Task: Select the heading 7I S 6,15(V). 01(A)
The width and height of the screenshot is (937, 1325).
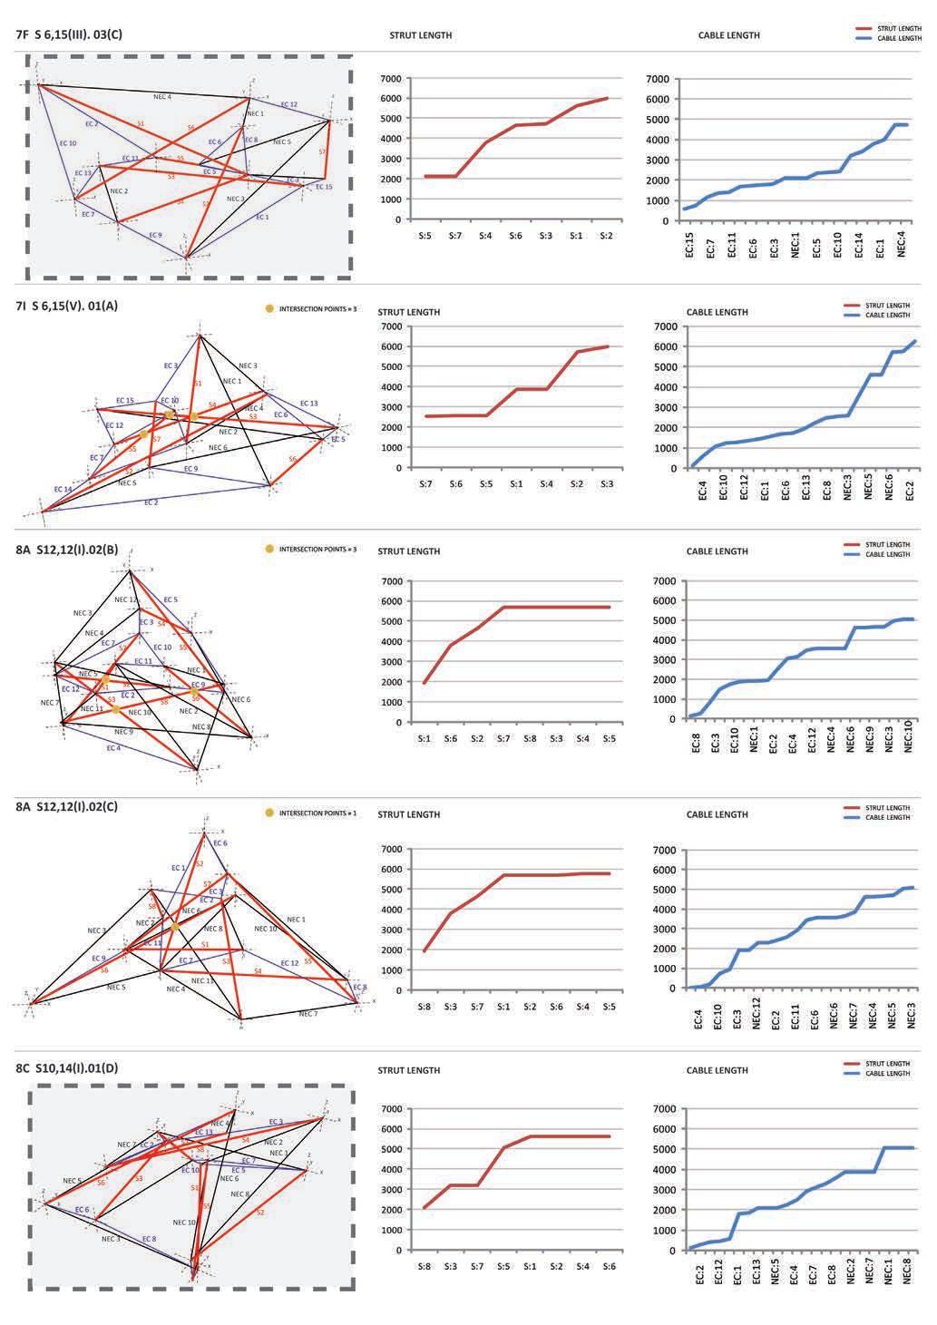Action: tap(67, 306)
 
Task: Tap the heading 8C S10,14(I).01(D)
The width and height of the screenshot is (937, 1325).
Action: tap(67, 1067)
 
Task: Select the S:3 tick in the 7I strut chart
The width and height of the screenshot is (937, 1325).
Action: tap(606, 484)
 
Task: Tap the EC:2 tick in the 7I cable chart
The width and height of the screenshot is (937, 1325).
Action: tap(910, 491)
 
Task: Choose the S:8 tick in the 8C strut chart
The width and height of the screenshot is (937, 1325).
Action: tap(425, 1266)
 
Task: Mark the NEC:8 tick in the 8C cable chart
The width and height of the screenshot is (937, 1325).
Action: tap(909, 1275)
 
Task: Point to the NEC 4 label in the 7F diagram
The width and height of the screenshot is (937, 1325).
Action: tap(162, 96)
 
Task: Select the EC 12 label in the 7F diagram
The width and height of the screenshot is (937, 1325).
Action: tap(288, 104)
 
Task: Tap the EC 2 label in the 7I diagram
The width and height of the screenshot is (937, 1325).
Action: tap(151, 502)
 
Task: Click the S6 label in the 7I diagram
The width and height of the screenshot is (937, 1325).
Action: tap(292, 460)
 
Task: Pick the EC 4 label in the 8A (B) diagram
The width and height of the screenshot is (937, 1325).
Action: tap(112, 748)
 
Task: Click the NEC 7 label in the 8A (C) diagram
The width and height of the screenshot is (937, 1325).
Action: tap(308, 1013)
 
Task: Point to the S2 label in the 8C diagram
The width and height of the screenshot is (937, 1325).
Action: tap(260, 1212)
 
